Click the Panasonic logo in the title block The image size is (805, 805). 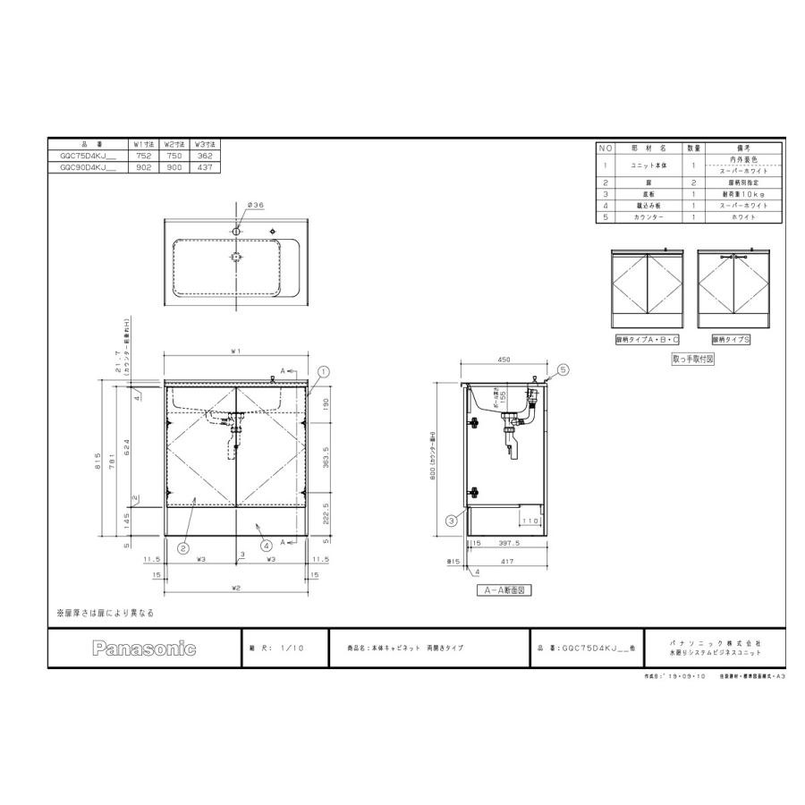(143, 648)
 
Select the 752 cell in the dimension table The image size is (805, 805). (144, 155)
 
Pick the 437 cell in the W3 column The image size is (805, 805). (207, 166)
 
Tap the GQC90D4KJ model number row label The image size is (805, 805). (87, 166)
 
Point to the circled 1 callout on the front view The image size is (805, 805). (324, 370)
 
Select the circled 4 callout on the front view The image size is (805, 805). (266, 545)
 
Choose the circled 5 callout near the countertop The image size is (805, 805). (563, 369)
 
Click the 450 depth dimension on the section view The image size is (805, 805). (504, 361)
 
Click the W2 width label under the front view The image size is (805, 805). (236, 588)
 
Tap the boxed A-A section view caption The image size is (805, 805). (505, 590)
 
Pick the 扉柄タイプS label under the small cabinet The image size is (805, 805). (730, 340)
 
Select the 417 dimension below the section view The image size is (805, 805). (507, 561)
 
